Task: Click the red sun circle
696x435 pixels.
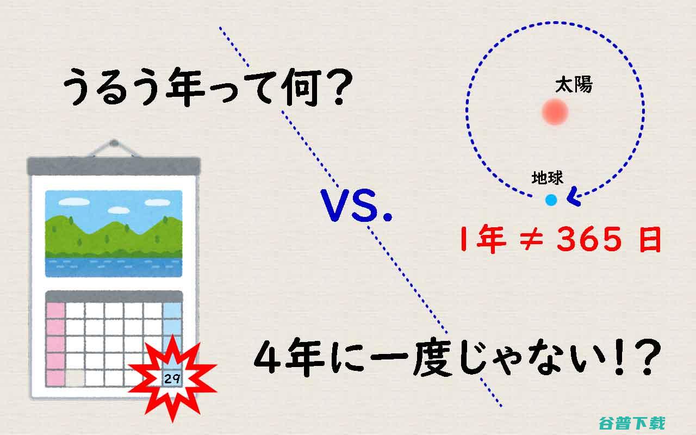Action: click(x=555, y=111)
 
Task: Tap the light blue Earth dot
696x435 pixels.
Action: click(x=551, y=200)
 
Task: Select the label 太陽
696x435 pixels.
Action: click(x=574, y=84)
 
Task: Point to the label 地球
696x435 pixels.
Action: click(x=547, y=178)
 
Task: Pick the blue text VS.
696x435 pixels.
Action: click(x=356, y=206)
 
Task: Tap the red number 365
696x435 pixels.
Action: click(x=589, y=239)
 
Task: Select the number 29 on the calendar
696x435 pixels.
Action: click(x=172, y=379)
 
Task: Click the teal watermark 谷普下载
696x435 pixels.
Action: click(x=632, y=423)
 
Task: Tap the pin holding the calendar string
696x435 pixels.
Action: click(x=114, y=143)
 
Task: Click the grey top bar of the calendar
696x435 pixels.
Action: click(x=114, y=166)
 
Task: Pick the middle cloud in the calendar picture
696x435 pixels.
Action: click(x=119, y=210)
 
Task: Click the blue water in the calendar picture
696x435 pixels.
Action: click(x=114, y=267)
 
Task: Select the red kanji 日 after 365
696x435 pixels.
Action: click(x=650, y=239)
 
